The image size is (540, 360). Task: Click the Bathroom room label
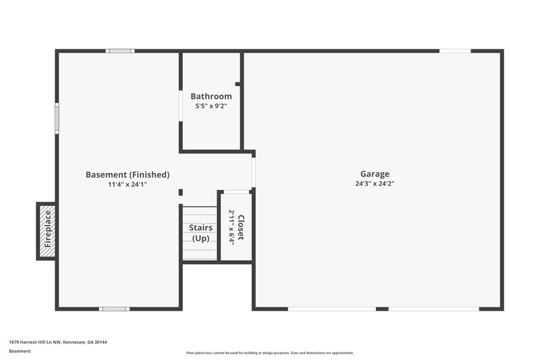coord(211,97)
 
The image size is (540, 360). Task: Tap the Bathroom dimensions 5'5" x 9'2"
coord(211,106)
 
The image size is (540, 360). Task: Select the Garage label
coord(374,174)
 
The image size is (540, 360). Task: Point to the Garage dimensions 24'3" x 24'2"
coord(374,184)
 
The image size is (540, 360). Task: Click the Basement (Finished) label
coord(128,174)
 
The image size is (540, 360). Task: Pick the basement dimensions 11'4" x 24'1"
coord(128,184)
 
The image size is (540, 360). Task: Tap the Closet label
coord(241,228)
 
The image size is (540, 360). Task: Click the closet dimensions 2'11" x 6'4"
coord(232,228)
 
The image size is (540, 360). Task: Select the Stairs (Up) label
coord(200,233)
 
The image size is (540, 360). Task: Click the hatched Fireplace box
coord(47,232)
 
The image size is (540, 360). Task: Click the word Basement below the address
coord(20,351)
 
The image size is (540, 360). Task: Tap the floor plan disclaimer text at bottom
coord(269,353)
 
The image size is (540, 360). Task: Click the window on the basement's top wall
coord(120,51)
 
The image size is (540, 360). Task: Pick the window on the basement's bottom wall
coord(113,309)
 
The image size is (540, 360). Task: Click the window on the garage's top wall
coord(455,51)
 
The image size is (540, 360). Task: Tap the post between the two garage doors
coord(382,309)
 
